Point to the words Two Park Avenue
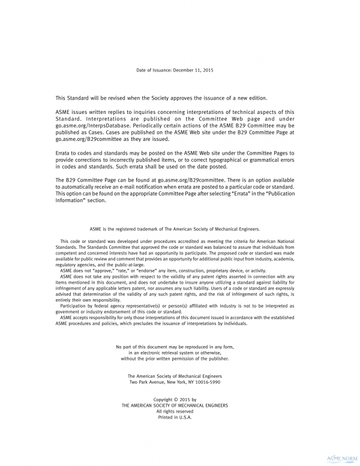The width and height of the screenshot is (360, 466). [148, 381]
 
